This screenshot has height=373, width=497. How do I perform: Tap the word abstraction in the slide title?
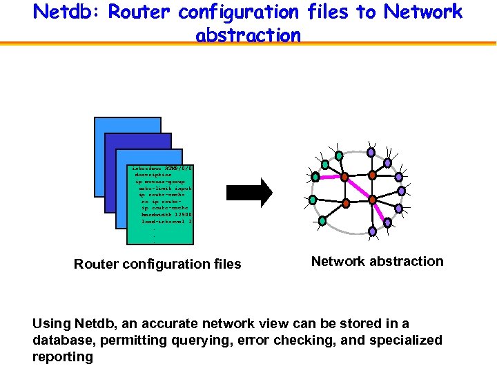point(248,35)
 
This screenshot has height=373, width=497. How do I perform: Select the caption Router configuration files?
point(157,264)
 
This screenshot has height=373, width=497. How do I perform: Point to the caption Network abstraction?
point(377,261)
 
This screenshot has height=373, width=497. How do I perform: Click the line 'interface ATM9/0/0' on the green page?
point(162,168)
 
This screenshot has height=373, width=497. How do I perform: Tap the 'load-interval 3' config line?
point(166,221)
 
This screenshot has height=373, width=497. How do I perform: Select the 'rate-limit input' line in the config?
point(165,188)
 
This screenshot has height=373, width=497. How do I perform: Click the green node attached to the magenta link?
point(315,177)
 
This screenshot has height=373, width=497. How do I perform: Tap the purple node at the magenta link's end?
point(387,222)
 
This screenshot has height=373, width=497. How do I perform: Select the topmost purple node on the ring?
point(371,152)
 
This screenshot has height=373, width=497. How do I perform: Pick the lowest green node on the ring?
point(322,221)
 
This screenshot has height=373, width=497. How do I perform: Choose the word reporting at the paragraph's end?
point(63,356)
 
